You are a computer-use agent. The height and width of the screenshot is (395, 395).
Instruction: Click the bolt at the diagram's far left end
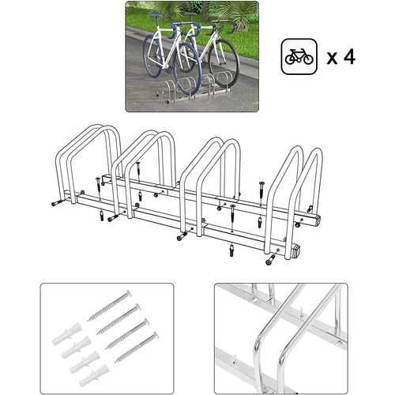(x=56, y=202)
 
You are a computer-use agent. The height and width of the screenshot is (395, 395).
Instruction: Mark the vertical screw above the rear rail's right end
(x=260, y=186)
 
